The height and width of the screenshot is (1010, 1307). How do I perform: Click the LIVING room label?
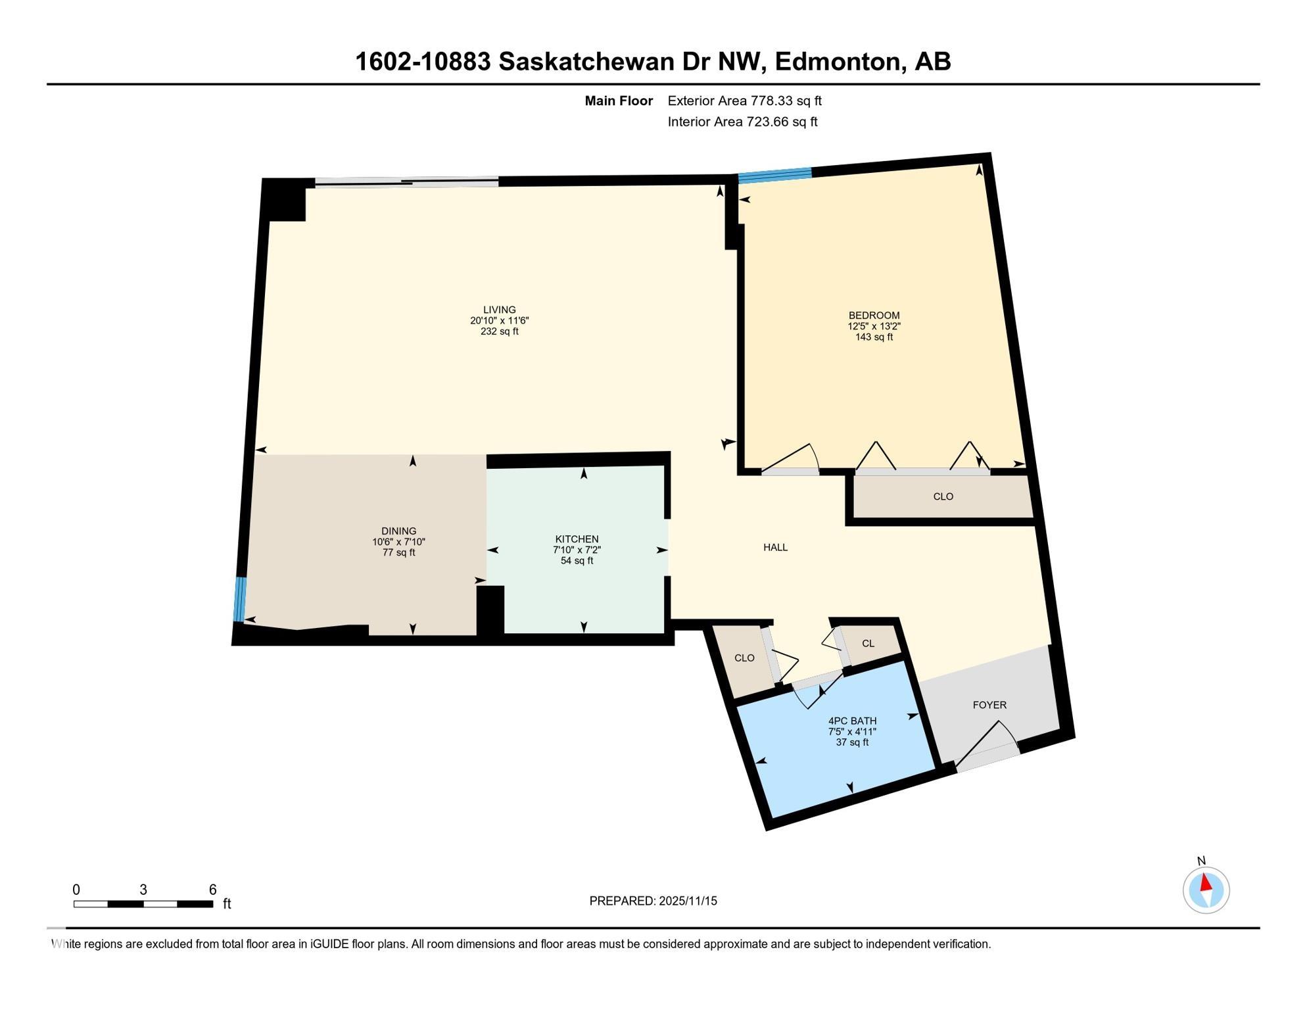click(x=499, y=310)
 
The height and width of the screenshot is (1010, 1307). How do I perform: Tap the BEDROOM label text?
click(x=874, y=315)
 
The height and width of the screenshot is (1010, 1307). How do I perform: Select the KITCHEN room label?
click(x=577, y=539)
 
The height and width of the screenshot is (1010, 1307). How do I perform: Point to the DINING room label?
click(x=398, y=531)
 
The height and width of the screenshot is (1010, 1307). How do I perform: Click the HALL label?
click(x=775, y=547)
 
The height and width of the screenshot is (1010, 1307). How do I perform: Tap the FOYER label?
click(x=989, y=705)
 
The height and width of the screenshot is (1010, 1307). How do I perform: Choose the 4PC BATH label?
click(x=852, y=721)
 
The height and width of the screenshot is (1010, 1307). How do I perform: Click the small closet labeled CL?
click(x=868, y=643)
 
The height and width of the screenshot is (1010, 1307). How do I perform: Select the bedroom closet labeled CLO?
click(x=943, y=496)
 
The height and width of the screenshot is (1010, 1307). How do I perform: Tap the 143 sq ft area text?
click(x=874, y=337)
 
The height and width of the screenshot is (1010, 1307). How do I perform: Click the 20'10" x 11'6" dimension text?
click(x=499, y=321)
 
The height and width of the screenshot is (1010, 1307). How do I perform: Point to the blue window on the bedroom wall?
click(x=774, y=175)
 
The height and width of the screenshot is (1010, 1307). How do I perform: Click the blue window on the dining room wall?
click(x=240, y=599)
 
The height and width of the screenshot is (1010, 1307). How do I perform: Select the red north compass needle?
click(x=1206, y=882)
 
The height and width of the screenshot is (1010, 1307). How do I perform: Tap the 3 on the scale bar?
click(x=143, y=890)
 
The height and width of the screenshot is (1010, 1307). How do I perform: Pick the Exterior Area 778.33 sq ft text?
click(x=744, y=101)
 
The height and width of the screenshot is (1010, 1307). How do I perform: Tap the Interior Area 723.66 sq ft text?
click(x=742, y=122)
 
